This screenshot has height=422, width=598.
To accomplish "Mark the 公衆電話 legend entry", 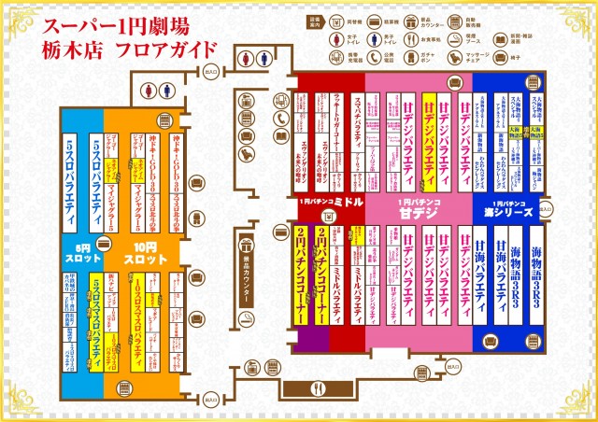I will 381,60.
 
